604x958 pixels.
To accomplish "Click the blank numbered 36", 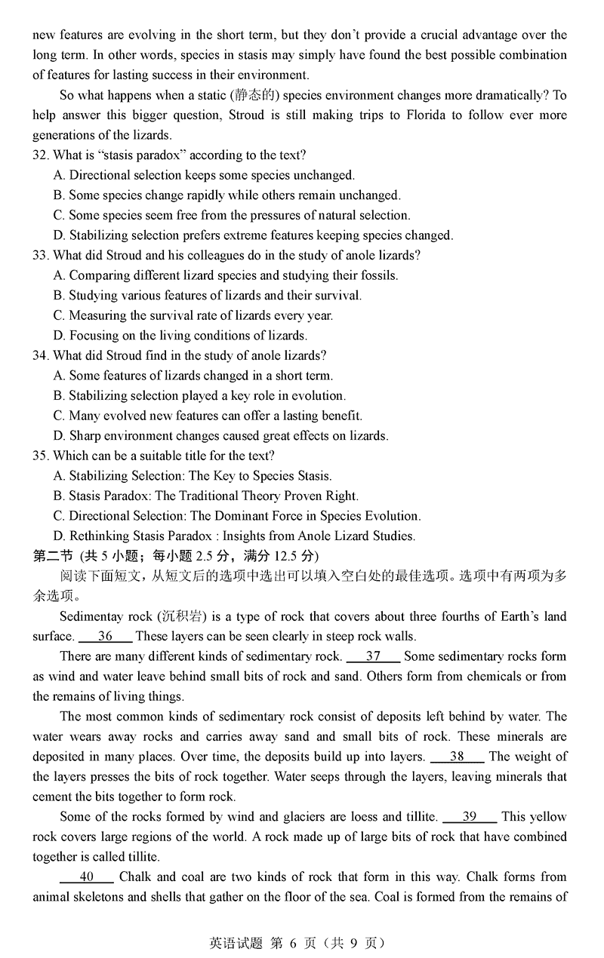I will click(x=105, y=636).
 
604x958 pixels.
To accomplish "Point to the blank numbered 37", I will click(x=372, y=656).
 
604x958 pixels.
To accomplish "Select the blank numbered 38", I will click(x=457, y=757).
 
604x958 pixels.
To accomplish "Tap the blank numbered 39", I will click(x=469, y=817).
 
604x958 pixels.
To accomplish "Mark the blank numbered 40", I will click(x=86, y=877).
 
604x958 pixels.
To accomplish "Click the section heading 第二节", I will click(x=52, y=557).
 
